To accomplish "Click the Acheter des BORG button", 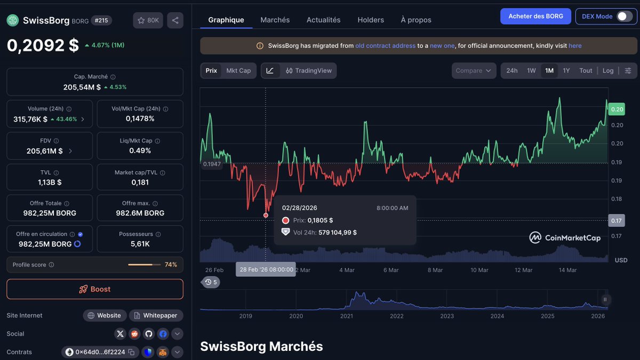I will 535,17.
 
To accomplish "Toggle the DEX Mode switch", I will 624,17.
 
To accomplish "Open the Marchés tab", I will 275,20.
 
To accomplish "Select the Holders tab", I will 370,20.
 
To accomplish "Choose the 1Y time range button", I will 566,71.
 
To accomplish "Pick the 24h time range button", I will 511,71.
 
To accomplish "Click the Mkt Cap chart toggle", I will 238,71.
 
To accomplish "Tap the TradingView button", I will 308,71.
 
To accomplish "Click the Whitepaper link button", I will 156,316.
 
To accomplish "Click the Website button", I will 105,316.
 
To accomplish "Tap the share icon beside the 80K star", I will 174,20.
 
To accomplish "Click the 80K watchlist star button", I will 148,20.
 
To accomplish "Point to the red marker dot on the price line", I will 266,215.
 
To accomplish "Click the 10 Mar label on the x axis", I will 479,270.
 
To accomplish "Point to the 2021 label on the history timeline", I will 346,316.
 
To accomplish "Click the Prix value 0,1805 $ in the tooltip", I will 320,220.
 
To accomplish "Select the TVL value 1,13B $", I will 49,182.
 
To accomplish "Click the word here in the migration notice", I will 575,46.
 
